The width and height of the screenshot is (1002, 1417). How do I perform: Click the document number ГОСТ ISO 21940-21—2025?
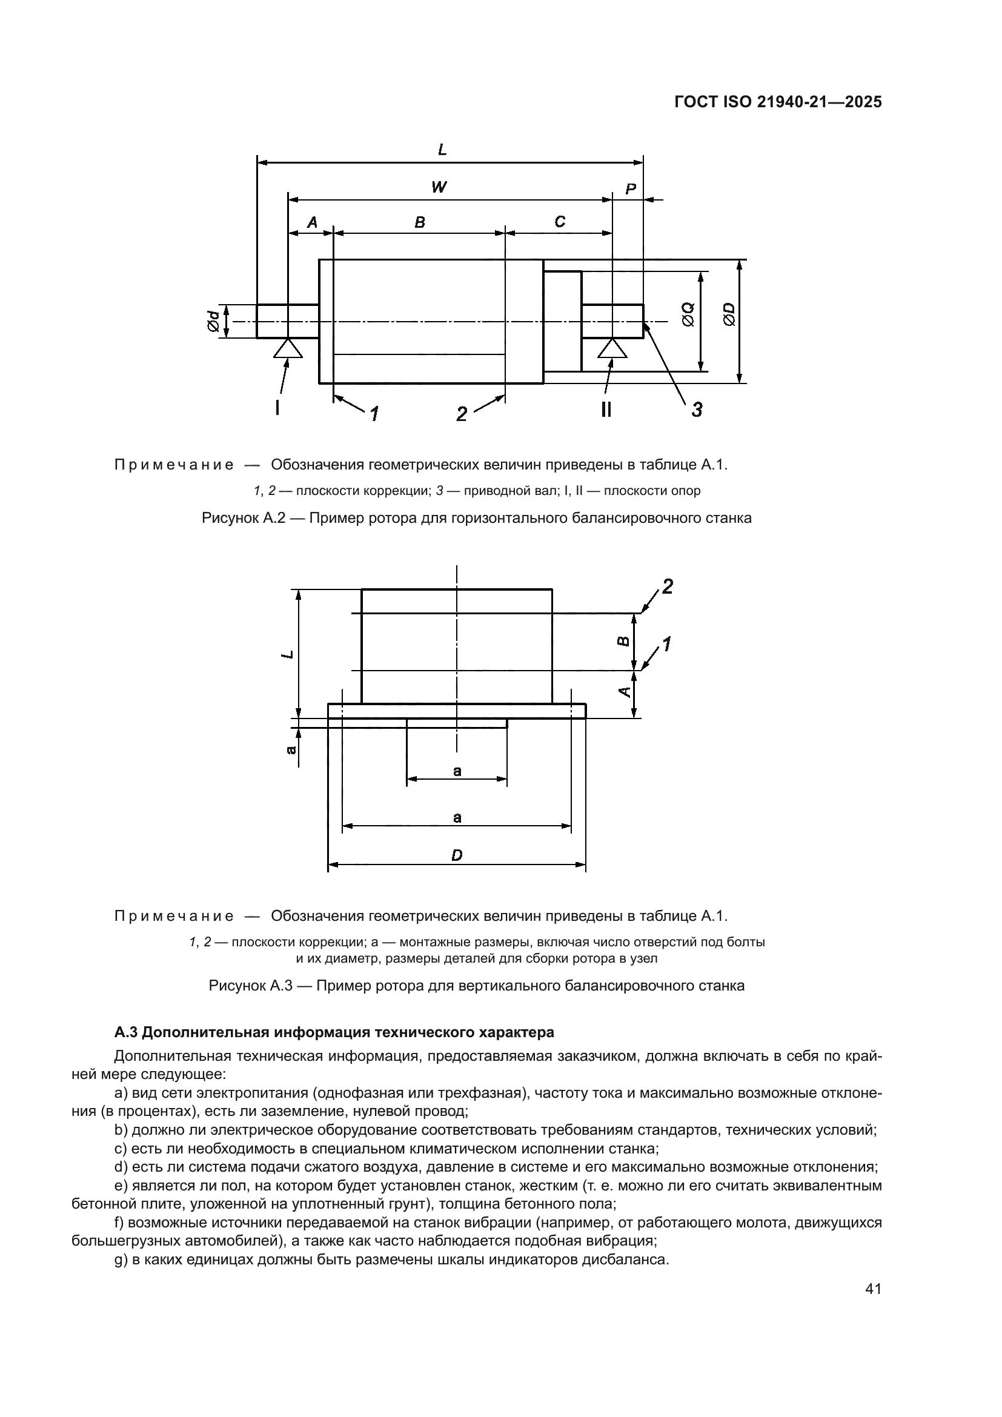coord(778,102)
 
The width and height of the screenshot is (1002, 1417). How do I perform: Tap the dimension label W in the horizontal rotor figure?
coord(439,187)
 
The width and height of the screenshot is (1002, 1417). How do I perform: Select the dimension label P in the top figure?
coord(630,189)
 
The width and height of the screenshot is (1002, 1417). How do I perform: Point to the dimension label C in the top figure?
coord(560,222)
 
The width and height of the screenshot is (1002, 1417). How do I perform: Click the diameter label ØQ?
coord(689,315)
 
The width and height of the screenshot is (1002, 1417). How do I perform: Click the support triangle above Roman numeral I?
coord(288,349)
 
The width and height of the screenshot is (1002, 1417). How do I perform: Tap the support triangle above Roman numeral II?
coord(612,349)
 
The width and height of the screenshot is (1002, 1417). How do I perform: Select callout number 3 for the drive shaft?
coord(697,409)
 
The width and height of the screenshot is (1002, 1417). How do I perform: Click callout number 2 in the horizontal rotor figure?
coord(462,414)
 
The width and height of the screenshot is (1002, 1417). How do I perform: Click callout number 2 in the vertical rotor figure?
coord(667,586)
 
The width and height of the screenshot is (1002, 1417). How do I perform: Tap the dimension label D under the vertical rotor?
coord(457,855)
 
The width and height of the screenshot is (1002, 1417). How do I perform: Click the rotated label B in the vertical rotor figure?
coord(624,642)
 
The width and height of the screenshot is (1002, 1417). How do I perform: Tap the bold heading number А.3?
coord(126,1032)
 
